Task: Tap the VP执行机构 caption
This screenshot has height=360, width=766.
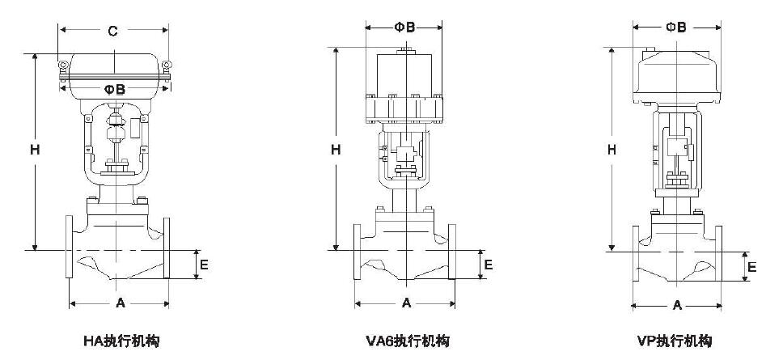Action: (675, 341)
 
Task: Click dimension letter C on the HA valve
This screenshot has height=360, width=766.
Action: (113, 32)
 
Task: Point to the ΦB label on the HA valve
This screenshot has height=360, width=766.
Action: (114, 89)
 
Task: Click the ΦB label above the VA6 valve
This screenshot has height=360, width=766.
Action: (404, 27)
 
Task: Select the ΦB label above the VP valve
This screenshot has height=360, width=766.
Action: (675, 27)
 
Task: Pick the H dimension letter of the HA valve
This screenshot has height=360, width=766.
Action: (35, 150)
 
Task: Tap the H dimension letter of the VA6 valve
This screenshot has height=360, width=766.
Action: (336, 150)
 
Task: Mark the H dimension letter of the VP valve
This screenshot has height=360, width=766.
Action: (612, 150)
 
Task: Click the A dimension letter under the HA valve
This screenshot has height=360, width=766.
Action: (120, 303)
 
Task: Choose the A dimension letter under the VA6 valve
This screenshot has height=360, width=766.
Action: (406, 303)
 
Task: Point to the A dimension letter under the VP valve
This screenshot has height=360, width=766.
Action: (677, 305)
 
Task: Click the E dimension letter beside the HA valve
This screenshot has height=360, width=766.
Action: (205, 264)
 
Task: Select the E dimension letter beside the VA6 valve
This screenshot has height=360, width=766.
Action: (487, 265)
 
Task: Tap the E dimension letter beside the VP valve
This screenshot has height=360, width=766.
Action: (751, 267)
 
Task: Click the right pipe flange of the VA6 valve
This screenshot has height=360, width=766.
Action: (451, 250)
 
